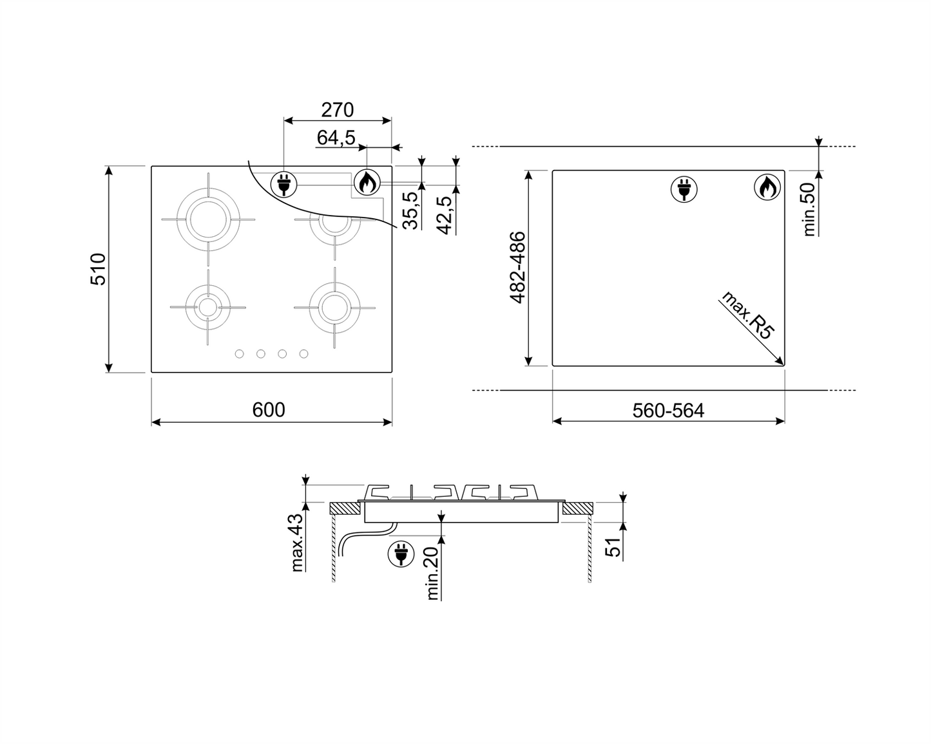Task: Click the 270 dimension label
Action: point(338,110)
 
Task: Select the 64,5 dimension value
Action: point(336,138)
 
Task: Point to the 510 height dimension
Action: point(98,269)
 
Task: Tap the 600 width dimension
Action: point(269,410)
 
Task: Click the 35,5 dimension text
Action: point(410,210)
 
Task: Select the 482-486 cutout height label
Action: point(517,268)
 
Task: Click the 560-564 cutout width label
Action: point(668,411)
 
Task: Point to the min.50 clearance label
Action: point(809,209)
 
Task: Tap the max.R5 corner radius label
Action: point(747,315)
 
